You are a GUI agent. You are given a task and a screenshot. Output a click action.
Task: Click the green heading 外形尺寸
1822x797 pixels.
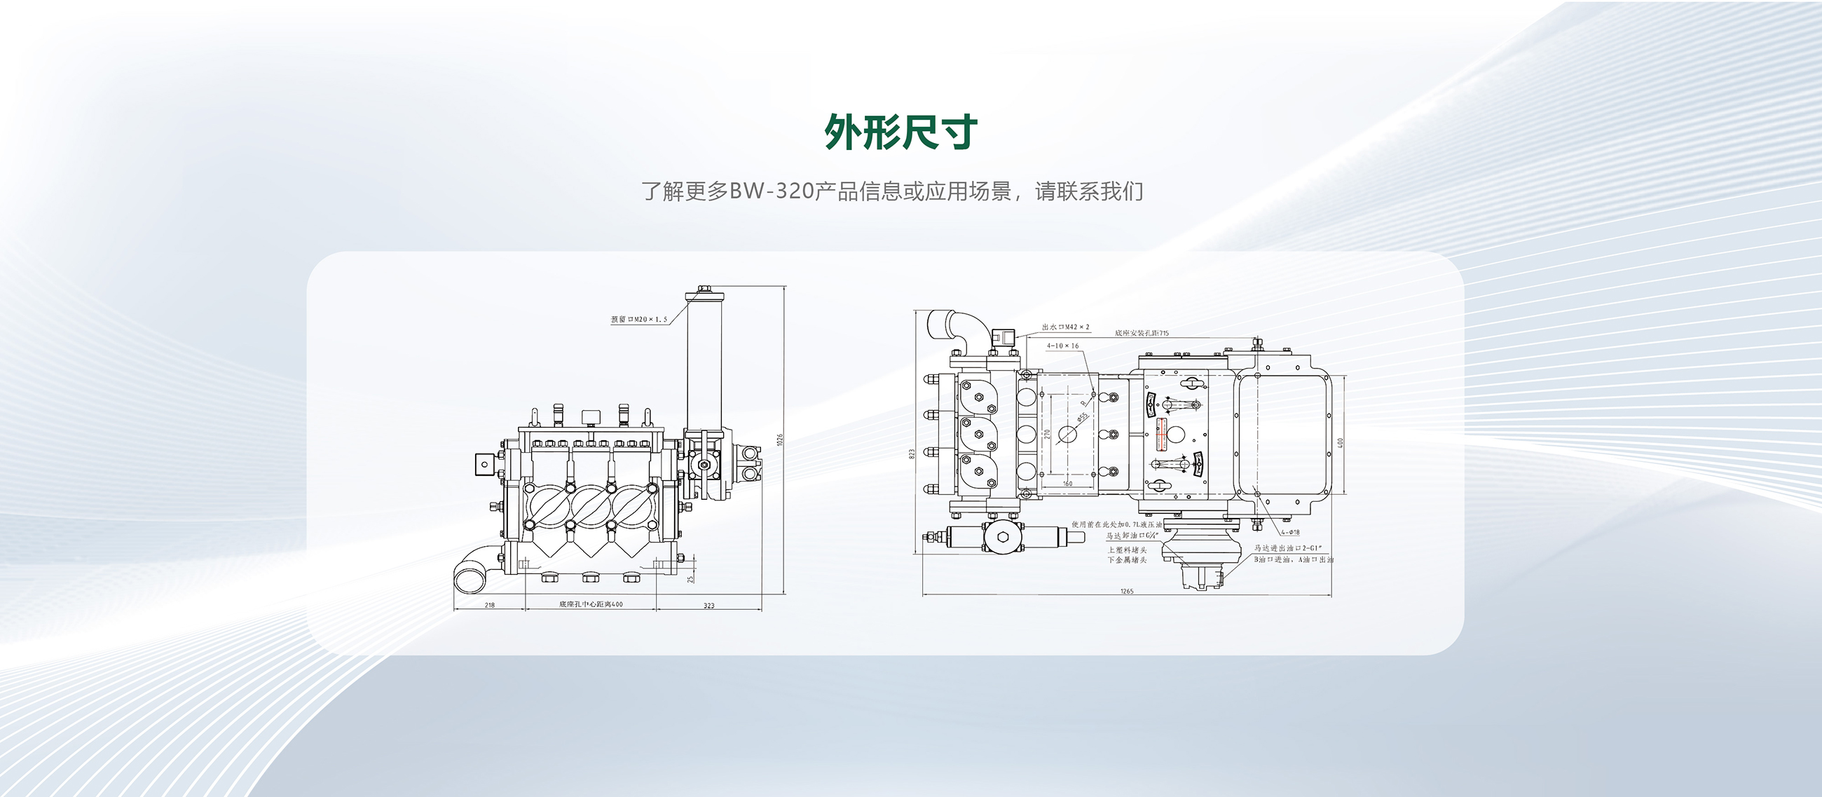coord(900,132)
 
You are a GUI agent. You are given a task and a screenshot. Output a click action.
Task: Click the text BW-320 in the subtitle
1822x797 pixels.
coord(771,191)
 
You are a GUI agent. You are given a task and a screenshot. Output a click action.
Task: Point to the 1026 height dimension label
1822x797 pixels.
coord(780,440)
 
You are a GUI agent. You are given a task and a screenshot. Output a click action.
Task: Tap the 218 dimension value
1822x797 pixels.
coord(489,606)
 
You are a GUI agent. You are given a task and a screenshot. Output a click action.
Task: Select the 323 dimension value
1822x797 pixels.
coord(708,606)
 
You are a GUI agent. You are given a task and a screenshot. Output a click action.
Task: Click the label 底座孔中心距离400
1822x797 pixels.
coord(591,605)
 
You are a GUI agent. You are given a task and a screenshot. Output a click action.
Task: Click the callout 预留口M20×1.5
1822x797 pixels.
coord(638,320)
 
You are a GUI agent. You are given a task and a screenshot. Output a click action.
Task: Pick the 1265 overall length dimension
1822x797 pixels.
coord(1127,591)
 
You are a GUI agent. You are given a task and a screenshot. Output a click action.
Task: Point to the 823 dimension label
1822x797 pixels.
coord(912,454)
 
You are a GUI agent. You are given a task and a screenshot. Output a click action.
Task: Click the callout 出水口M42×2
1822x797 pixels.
coord(1065,327)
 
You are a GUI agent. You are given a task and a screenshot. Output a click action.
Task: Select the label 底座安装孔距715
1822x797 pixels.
coord(1142,333)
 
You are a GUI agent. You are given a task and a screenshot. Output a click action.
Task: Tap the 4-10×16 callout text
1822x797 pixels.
coord(1063,346)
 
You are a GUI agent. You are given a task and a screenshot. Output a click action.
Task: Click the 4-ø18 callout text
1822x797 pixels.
coord(1290,532)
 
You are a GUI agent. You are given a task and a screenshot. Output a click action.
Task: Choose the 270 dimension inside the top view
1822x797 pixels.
coord(1048,433)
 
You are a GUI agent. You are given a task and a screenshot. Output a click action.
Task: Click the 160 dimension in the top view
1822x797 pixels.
coord(1067,484)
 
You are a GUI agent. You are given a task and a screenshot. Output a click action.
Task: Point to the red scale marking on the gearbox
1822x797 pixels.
coord(1160,433)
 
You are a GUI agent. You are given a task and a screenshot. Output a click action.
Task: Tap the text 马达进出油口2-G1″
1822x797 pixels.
coord(1288,548)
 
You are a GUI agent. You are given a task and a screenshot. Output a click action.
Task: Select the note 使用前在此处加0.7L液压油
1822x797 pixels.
coord(1116,525)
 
